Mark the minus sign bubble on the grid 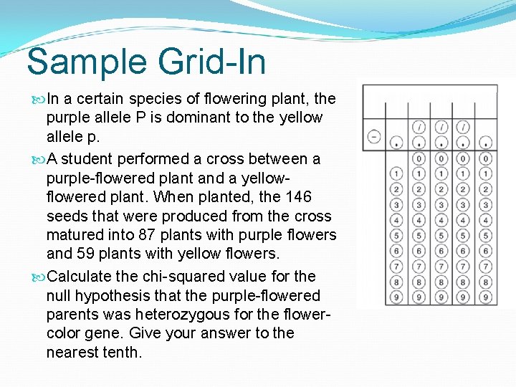click(374, 137)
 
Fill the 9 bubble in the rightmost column click(486, 297)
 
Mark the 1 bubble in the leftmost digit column click(396, 173)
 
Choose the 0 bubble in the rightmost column click(486, 158)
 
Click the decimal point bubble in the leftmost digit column click(396, 142)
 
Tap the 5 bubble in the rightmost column click(486, 236)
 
